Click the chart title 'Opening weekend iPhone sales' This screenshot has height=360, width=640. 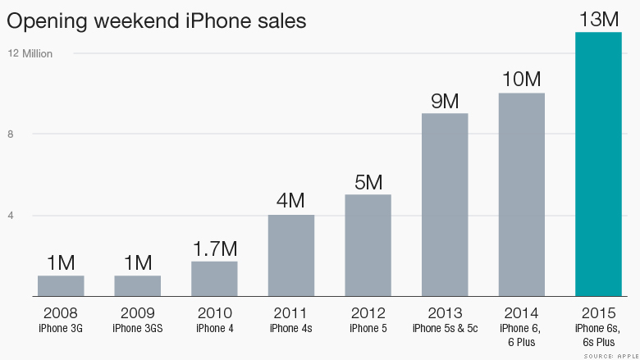[x=156, y=21]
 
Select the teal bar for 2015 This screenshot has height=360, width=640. [x=598, y=164]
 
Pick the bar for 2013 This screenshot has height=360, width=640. [x=445, y=204]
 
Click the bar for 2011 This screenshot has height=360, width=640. [x=291, y=255]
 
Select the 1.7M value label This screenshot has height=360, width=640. [x=214, y=248]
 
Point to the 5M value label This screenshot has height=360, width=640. [x=368, y=182]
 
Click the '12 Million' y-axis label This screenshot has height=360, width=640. [x=30, y=54]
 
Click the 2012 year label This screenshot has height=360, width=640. [x=368, y=312]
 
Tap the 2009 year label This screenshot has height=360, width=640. [x=137, y=312]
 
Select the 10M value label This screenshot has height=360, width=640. [x=521, y=80]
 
